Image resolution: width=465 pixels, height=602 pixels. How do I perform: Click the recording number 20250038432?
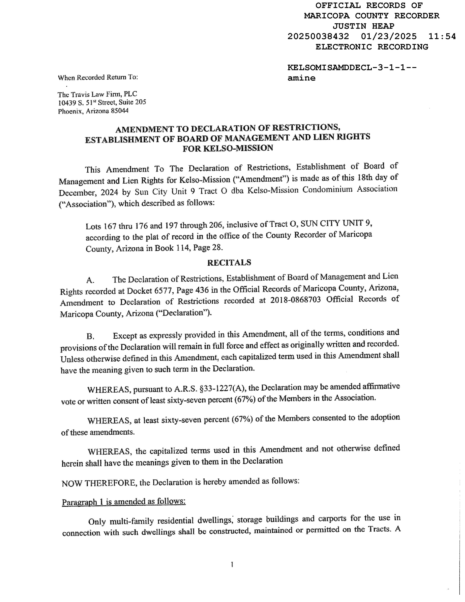[x=318, y=36]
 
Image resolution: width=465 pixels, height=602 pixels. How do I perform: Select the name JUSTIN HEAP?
[x=363, y=26]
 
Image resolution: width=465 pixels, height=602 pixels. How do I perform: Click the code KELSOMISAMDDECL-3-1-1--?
[x=352, y=68]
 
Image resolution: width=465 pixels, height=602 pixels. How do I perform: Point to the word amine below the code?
[x=301, y=78]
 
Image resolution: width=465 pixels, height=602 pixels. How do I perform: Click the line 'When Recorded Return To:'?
[x=98, y=77]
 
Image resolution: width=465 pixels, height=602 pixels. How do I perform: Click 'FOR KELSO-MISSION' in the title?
[x=228, y=148]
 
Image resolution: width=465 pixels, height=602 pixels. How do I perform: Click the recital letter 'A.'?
[x=90, y=280]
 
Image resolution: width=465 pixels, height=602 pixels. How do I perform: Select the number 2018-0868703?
[x=295, y=300]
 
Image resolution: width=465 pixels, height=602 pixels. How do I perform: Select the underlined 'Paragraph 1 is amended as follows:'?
[x=124, y=501]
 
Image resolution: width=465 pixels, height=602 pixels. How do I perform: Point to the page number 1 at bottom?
[x=232, y=565]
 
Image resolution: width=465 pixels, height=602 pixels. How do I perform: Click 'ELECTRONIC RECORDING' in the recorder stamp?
[x=372, y=47]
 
